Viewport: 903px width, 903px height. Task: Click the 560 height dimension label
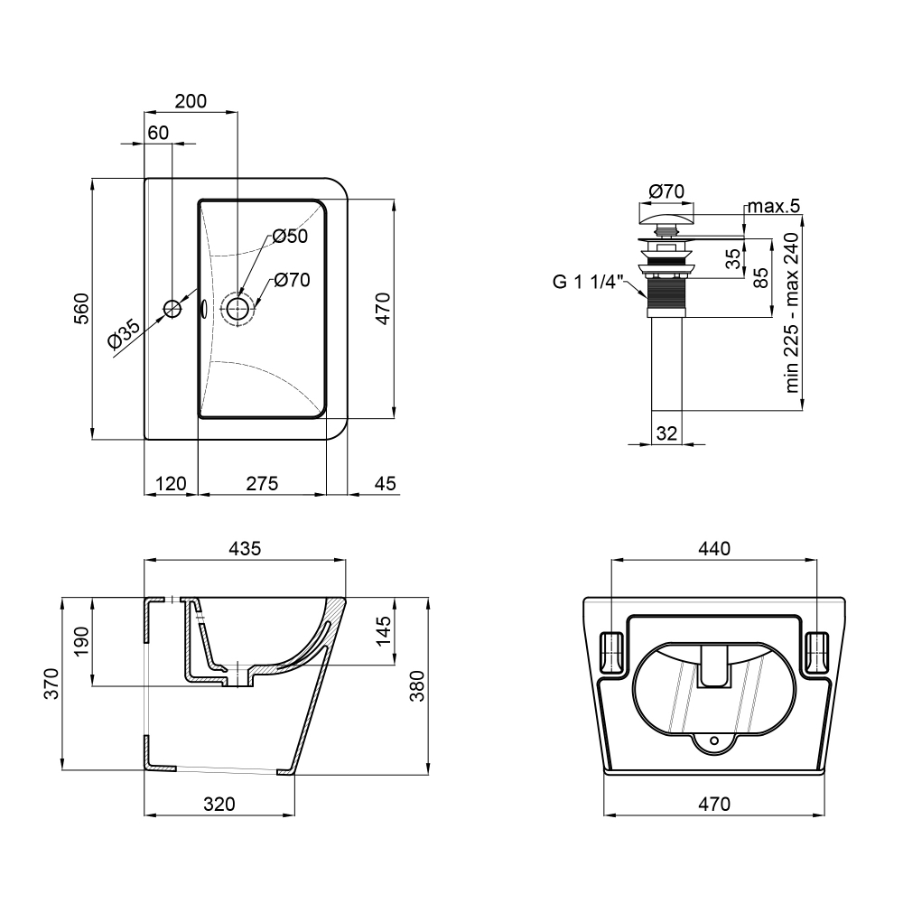coord(82,308)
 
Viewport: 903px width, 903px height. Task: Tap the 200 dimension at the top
coord(191,101)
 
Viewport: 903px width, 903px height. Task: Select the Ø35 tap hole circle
coord(172,309)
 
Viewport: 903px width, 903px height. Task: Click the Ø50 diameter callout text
coord(290,236)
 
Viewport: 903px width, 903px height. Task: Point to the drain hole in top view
coord(237,309)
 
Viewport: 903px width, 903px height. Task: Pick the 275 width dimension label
coord(262,483)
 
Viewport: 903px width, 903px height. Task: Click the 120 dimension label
coord(171,483)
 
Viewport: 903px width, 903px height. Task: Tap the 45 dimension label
coord(386,483)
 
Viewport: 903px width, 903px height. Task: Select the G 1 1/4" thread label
coord(588,282)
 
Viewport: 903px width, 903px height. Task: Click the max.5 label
coord(774,206)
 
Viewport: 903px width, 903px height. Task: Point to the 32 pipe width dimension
coord(667,433)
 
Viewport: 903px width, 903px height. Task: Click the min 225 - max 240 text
coord(793,312)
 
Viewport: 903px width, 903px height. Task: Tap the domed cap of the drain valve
coord(667,219)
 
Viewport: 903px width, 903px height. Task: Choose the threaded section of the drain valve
coord(667,293)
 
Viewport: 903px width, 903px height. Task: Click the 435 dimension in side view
coord(246,548)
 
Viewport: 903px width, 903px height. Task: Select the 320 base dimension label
coord(219,804)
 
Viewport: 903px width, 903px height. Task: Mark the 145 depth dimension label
coord(384,631)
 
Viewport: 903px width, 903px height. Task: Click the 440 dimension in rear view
coord(714,548)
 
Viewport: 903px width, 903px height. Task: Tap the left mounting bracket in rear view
coord(612,653)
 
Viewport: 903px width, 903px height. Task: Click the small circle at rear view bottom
coord(714,740)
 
